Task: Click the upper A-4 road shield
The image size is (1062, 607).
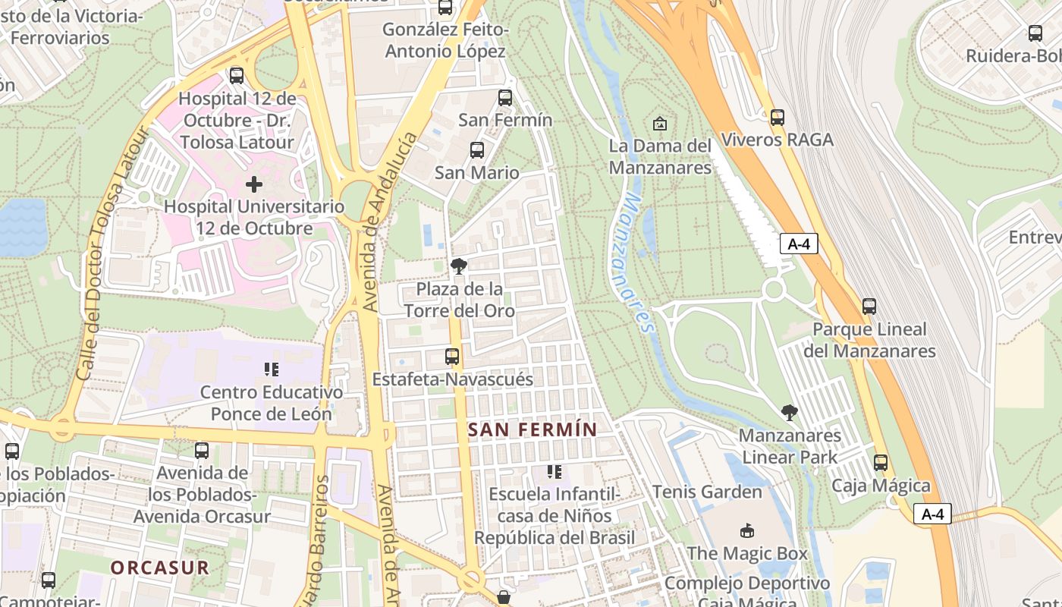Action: (x=799, y=244)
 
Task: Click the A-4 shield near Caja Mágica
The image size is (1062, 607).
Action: (x=932, y=514)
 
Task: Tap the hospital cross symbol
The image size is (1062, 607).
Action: (x=254, y=184)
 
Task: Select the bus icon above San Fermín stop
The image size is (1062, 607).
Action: (x=505, y=98)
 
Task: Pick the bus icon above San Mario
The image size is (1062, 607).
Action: (x=477, y=150)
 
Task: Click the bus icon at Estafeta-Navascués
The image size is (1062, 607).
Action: (x=452, y=357)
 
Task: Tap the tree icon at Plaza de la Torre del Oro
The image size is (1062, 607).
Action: (x=458, y=266)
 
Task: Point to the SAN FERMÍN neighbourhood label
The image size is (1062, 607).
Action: (x=533, y=429)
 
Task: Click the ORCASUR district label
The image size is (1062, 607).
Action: (x=159, y=568)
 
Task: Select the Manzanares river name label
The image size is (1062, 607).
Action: (x=636, y=263)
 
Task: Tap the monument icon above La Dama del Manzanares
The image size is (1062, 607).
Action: (x=660, y=124)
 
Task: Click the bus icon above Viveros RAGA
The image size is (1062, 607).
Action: (x=777, y=118)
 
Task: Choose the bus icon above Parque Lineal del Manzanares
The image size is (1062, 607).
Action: (x=869, y=307)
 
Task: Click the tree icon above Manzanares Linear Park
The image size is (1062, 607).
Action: (x=790, y=413)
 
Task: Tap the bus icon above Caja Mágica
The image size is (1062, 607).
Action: (x=881, y=463)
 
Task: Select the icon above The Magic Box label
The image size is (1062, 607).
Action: (x=747, y=530)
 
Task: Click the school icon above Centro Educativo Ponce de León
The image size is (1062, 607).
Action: (x=272, y=370)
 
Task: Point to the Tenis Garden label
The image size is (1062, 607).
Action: (x=707, y=492)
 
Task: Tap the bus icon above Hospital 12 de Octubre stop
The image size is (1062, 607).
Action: (x=237, y=76)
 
